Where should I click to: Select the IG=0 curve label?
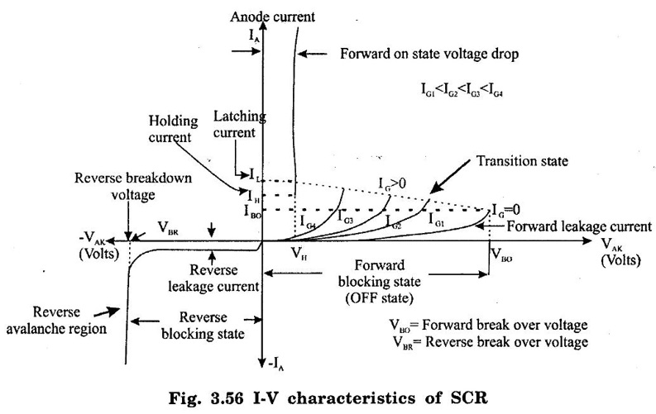[505, 210]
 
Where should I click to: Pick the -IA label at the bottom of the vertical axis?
[274, 361]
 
